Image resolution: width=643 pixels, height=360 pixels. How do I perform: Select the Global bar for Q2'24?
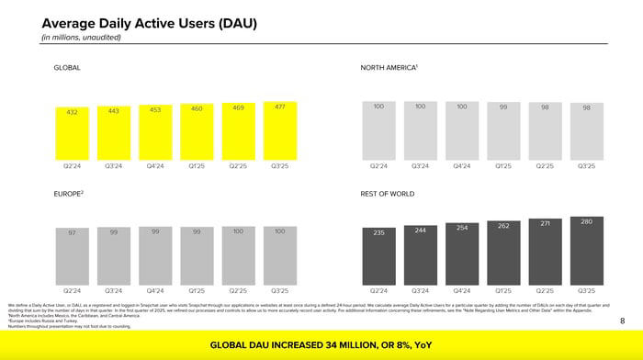[72, 135]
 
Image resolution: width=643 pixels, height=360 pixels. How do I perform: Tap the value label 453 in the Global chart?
[155, 110]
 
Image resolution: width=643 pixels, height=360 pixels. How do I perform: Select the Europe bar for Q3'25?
[279, 254]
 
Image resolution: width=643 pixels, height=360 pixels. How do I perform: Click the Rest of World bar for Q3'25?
[586, 250]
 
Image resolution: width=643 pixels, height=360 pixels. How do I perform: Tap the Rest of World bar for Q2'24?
[378, 254]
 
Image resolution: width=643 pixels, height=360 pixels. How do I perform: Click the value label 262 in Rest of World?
[503, 226]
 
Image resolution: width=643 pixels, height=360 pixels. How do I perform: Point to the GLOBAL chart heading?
[67, 68]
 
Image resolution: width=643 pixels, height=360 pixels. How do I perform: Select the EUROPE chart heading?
[69, 194]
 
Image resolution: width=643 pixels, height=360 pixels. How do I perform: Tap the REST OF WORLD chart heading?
[388, 194]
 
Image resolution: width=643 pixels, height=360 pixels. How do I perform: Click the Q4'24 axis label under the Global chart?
[155, 166]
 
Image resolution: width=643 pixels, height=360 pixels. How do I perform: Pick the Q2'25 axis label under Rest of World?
[545, 290]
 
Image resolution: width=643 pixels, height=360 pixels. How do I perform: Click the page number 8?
[622, 321]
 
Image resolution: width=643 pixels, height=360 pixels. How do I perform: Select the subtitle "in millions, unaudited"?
[81, 37]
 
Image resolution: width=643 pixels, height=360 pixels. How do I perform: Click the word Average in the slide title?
[70, 22]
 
